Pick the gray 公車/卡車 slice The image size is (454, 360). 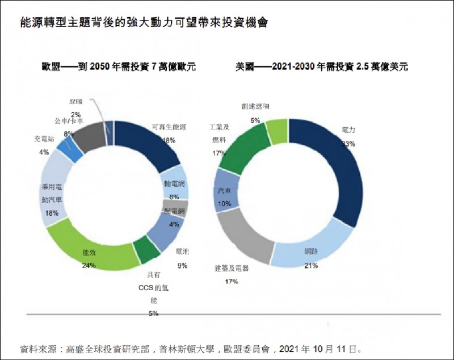tap(86, 135)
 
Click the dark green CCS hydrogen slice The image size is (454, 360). tap(146, 250)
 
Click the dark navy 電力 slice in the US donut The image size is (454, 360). tap(335, 170)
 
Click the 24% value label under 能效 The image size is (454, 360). tap(89, 265)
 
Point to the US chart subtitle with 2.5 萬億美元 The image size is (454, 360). tap(321, 66)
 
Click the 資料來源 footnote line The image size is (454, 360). tap(191, 348)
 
